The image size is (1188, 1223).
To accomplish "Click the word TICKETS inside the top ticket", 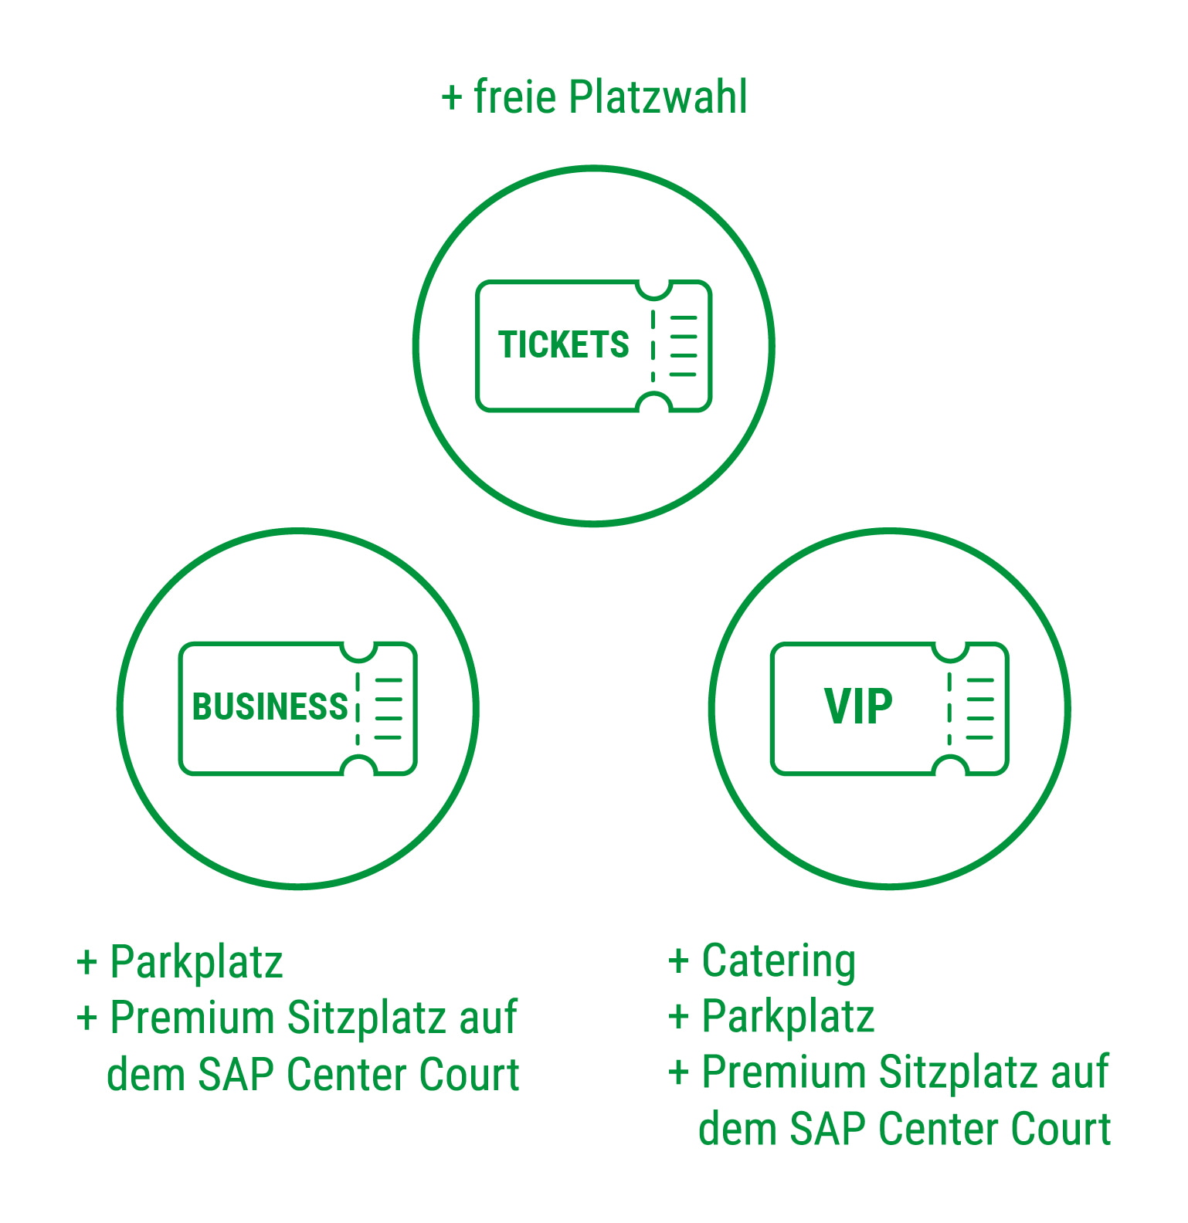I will point(563,344).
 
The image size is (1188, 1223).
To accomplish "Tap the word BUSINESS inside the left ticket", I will point(270,706).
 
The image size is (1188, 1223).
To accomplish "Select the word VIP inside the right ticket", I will point(858,706).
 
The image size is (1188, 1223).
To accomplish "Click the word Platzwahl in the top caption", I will point(657,97).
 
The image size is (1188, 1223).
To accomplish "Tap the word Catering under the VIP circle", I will point(779,961).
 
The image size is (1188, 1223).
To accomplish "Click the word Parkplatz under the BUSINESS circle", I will point(196,963).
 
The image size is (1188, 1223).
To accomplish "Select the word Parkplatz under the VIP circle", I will point(788,1017).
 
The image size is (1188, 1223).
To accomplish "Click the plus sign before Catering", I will point(678,962).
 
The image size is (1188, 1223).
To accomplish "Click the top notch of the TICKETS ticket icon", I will point(653,288).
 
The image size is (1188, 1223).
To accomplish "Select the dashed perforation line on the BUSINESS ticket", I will point(358,708).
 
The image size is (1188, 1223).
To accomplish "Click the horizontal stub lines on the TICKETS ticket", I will point(684,346).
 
